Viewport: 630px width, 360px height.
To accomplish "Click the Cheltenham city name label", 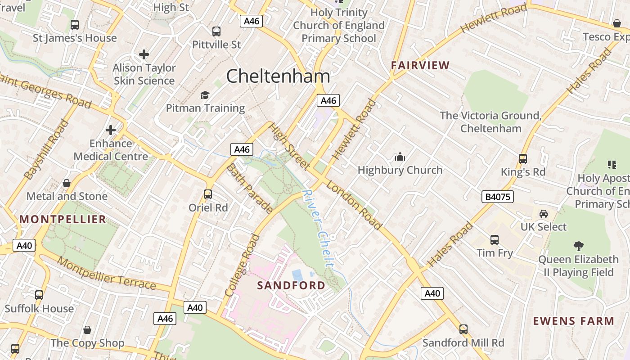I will point(278,76).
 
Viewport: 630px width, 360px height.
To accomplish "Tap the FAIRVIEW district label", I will point(420,65).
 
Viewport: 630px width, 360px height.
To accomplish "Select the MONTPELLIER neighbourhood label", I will point(63,219).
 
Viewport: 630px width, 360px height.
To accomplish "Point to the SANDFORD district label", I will point(291,285).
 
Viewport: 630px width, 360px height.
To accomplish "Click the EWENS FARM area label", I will point(573,321).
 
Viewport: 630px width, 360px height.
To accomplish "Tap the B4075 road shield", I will point(497,197).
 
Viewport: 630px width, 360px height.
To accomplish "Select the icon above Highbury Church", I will point(400,157).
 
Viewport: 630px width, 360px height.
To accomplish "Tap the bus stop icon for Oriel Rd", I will point(207,194).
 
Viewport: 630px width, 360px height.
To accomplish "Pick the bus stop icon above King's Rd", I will point(522,159).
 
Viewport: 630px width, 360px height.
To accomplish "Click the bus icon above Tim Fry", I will point(495,240).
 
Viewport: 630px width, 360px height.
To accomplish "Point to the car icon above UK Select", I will point(543,213).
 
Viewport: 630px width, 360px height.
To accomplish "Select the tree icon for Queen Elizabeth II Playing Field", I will point(578,246).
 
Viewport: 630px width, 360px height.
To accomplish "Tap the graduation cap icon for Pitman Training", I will point(205,95).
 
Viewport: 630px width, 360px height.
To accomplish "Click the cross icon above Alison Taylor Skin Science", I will point(144,54).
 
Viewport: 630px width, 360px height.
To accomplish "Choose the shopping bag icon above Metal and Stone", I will point(67,183).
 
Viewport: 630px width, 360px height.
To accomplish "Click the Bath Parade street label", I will point(249,188).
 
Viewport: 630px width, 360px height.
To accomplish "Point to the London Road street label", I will point(354,205).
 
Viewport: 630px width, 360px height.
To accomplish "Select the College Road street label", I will point(243,265).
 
